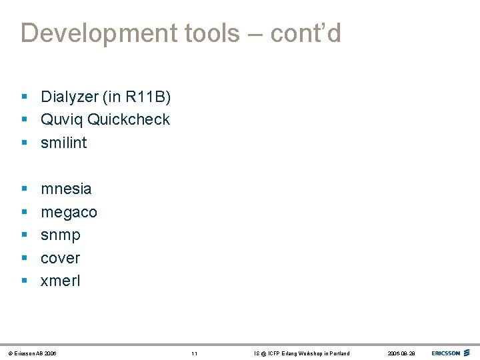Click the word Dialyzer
point(69,97)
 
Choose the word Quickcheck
point(129,120)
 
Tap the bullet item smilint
point(64,143)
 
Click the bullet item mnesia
point(66,189)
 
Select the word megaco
point(69,213)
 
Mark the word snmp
point(61,235)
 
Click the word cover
point(61,258)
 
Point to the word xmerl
point(61,281)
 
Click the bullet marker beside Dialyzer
point(24,97)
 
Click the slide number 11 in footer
point(194,353)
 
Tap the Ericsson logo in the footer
point(451,353)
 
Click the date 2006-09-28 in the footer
point(401,353)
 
